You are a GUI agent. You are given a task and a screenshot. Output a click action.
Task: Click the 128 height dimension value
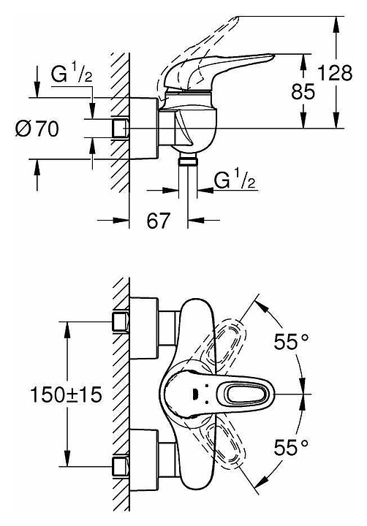tap(335, 73)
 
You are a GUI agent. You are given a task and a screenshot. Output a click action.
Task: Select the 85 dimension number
tap(303, 91)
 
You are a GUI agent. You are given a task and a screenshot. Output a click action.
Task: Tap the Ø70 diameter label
tap(37, 129)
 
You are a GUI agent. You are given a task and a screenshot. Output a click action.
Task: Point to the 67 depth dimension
tap(159, 221)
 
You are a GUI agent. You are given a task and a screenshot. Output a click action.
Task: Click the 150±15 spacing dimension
tap(66, 394)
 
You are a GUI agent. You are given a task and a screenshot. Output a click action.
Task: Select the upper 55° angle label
tap(291, 342)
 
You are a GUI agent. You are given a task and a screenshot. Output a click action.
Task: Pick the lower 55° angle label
tap(291, 447)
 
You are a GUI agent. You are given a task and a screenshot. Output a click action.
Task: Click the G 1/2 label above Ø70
tap(72, 74)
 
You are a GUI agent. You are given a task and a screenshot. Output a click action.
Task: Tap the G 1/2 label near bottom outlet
tap(235, 180)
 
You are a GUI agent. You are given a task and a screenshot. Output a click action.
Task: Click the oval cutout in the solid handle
tap(243, 394)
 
